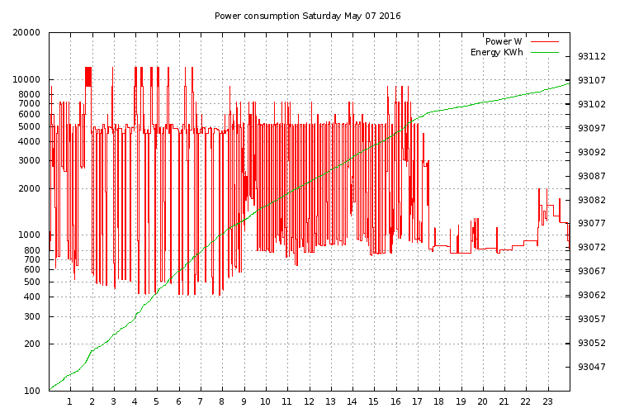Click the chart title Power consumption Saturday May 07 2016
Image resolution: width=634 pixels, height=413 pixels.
[x=308, y=16]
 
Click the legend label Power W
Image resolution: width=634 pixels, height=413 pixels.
[x=503, y=41]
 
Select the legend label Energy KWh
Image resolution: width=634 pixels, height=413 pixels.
[x=496, y=52]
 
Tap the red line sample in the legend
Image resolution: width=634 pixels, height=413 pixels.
[x=544, y=41]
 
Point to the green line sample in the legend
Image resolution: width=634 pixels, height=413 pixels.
[x=544, y=52]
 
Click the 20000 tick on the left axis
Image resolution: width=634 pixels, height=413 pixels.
[x=26, y=33]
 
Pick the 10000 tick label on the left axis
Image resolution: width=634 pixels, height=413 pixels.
[x=26, y=80]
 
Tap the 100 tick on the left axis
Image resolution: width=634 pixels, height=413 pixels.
[x=31, y=391]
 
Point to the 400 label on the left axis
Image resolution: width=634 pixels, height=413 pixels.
[x=31, y=297]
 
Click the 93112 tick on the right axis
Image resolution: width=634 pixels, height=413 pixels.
[x=592, y=57]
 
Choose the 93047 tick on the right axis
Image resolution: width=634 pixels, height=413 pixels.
[x=592, y=367]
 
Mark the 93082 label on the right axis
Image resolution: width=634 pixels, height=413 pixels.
[x=592, y=200]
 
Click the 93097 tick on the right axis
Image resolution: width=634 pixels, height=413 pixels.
[x=592, y=128]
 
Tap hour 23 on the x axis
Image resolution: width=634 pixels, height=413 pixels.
[x=547, y=401]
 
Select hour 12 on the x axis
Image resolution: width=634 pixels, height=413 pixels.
[x=309, y=401]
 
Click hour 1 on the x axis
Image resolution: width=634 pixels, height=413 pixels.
[x=70, y=401]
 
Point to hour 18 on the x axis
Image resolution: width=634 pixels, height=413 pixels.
[x=439, y=401]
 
